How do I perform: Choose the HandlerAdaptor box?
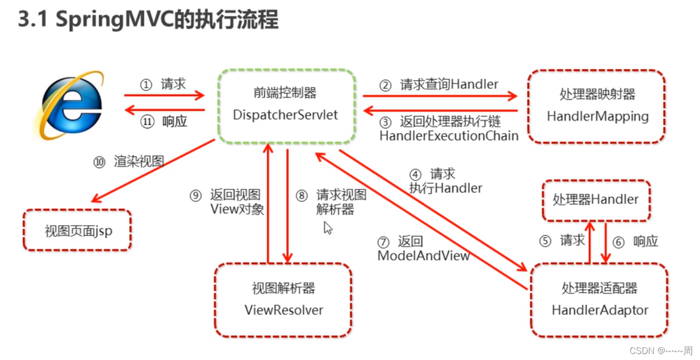[599, 300]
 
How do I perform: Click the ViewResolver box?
[283, 300]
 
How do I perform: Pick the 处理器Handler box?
[595, 200]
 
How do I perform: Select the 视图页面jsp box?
[77, 231]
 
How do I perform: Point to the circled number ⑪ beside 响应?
[147, 122]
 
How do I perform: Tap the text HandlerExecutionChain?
[449, 135]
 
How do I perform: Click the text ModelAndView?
[423, 256]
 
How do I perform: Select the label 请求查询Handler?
[449, 85]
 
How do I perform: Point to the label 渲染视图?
[139, 162]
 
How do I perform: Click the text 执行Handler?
[445, 188]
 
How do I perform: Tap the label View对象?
[237, 209]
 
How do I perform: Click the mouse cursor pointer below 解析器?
[328, 228]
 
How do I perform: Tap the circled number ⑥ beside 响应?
[618, 242]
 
